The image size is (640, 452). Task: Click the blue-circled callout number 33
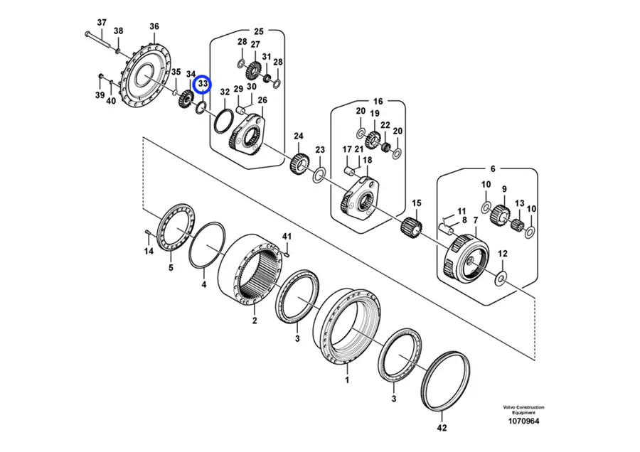(203, 84)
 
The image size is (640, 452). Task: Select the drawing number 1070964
(523, 421)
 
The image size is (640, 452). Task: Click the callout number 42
(442, 428)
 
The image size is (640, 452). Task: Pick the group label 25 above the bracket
(259, 31)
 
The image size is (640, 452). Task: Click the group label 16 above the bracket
(378, 101)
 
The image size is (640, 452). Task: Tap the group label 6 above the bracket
(493, 168)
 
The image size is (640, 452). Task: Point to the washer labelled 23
(319, 176)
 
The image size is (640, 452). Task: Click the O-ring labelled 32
(223, 121)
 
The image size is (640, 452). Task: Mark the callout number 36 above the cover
(154, 26)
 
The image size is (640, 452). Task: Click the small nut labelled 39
(100, 76)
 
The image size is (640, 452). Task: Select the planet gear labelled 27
(254, 71)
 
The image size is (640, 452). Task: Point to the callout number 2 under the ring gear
(255, 321)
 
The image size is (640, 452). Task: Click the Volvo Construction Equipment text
(523, 409)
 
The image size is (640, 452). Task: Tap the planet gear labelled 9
(501, 214)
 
